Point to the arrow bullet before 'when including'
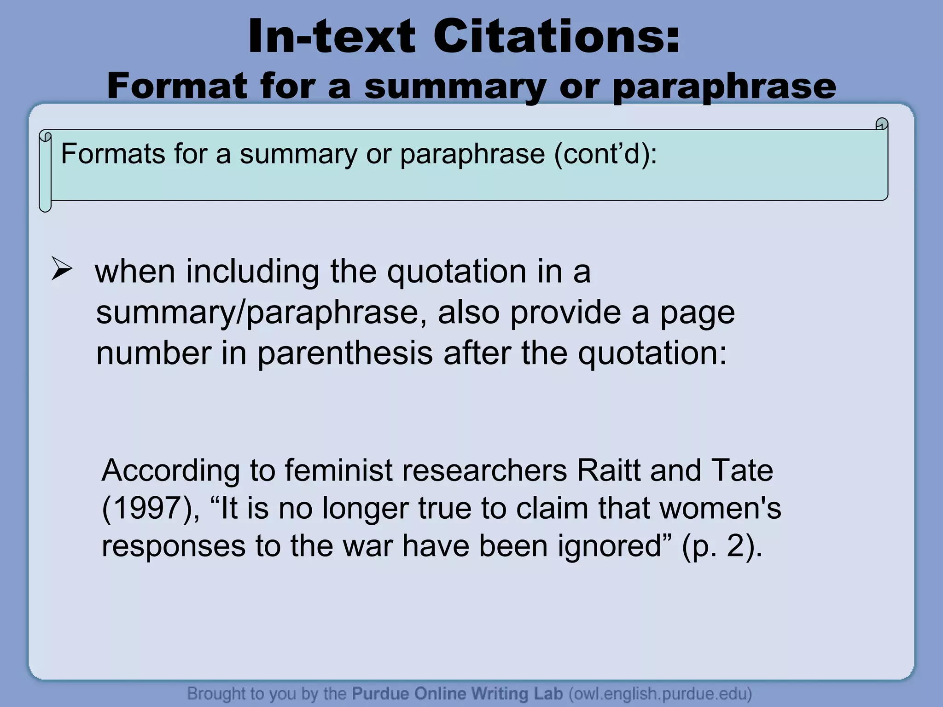(61, 270)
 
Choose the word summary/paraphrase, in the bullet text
(261, 313)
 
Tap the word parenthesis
(345, 353)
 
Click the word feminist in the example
(338, 470)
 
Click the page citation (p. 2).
(721, 546)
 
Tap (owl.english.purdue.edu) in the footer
(660, 693)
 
